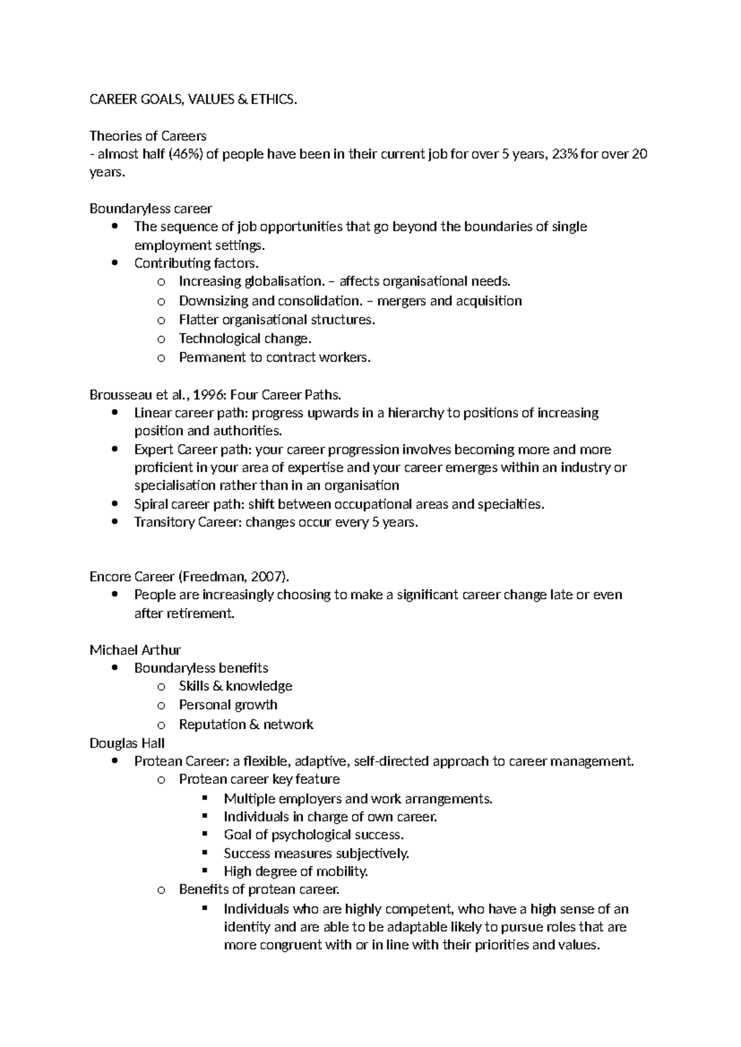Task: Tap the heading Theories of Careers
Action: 148,136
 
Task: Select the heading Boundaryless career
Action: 151,209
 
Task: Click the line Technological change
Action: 245,338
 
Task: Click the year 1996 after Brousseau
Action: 211,394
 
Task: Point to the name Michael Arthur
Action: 135,650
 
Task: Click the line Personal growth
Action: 228,705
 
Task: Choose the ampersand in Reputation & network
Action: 253,725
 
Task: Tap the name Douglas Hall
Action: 127,743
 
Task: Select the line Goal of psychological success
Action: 313,835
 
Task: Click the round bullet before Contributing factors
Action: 115,264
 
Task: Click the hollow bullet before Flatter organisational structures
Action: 161,320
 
